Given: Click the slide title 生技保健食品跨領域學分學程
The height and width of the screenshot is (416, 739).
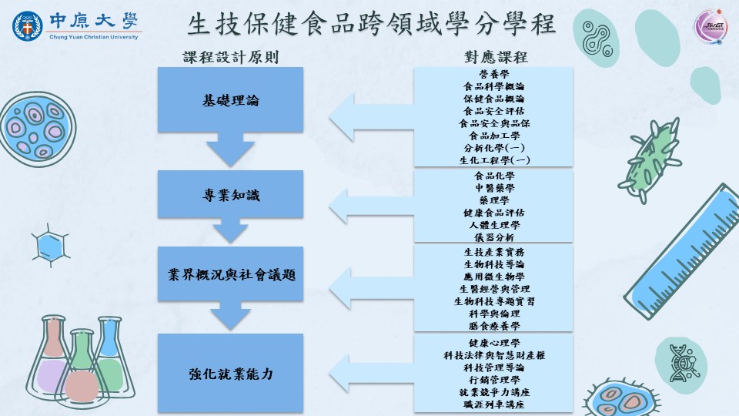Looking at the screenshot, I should pyautogui.click(x=371, y=25).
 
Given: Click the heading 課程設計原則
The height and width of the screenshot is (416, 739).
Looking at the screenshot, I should pyautogui.click(x=230, y=57).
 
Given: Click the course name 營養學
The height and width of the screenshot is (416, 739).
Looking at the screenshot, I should pyautogui.click(x=493, y=74).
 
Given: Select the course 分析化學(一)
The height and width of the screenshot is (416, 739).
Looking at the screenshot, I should pyautogui.click(x=493, y=148).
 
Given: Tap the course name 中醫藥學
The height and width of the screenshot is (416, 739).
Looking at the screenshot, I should pyautogui.click(x=493, y=187).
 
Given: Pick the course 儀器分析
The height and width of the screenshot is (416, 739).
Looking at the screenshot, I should pyautogui.click(x=493, y=237).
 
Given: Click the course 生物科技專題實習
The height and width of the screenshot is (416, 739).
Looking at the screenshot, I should pyautogui.click(x=493, y=301).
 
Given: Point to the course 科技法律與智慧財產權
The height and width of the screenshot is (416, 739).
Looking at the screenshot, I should pyautogui.click(x=493, y=355).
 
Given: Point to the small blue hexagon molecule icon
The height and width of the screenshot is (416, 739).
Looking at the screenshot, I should pyautogui.click(x=50, y=247).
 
